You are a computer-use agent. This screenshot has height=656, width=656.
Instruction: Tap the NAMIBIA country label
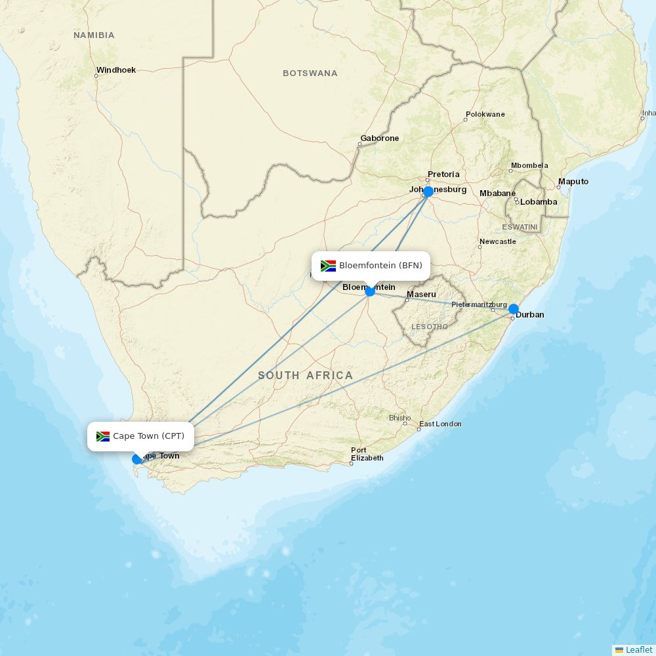[94, 35]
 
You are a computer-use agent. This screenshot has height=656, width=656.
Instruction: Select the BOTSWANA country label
[310, 73]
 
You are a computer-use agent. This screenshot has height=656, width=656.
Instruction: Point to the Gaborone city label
[379, 138]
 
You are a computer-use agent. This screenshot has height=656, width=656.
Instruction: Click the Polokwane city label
[485, 115]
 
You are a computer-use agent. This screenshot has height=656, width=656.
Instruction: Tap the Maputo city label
[573, 182]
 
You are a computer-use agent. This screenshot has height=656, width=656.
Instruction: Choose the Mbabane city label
[498, 194]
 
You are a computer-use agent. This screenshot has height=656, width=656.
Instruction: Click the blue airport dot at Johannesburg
[428, 192]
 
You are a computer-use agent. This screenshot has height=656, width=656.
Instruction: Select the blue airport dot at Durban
[514, 309]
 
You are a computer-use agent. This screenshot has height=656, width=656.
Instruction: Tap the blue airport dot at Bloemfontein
[370, 291]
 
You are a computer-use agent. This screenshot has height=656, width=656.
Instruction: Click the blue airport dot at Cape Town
[137, 459]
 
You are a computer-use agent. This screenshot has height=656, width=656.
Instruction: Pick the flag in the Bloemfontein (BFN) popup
[328, 266]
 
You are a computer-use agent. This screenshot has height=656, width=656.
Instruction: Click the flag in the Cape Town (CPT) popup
[103, 436]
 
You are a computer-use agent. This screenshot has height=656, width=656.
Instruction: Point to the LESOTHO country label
[430, 327]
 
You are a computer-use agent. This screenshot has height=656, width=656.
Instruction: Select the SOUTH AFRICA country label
[305, 375]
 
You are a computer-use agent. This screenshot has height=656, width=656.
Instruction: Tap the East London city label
[440, 424]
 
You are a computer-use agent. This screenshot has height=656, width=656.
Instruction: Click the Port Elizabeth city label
[367, 454]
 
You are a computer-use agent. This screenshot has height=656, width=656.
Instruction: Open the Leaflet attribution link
[638, 649]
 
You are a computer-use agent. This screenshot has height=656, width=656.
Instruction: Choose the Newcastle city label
[498, 242]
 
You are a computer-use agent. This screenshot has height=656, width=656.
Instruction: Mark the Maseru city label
[421, 295]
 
